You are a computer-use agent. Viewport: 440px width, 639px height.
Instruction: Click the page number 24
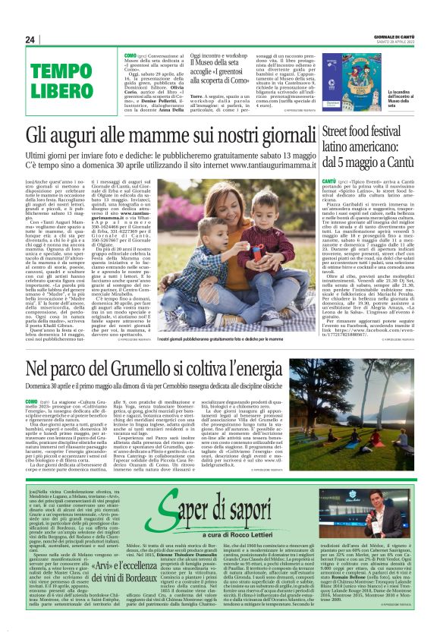pyautogui.click(x=30, y=39)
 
